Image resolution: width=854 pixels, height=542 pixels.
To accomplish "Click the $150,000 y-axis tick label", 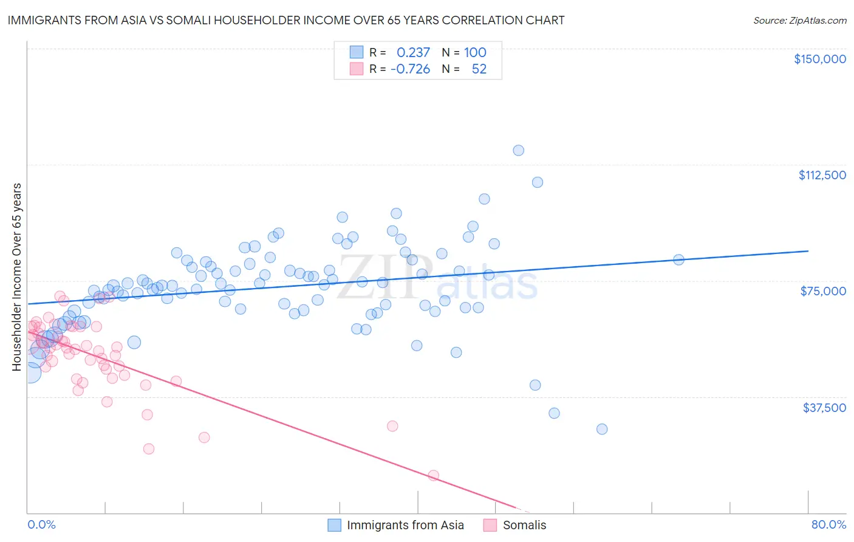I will (x=819, y=59).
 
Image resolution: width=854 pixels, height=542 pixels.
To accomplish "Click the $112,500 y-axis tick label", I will (x=822, y=175).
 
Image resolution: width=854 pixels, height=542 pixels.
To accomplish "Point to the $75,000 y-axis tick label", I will (x=823, y=291).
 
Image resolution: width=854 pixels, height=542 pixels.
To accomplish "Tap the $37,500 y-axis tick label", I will (x=824, y=408).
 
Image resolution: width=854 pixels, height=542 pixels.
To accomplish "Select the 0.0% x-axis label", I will (x=41, y=524).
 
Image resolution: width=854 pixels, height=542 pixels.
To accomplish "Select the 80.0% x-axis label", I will (x=828, y=524).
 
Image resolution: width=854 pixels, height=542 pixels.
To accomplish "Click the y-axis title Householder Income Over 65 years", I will (x=17, y=276).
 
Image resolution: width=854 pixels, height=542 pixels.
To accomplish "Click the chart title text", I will (x=285, y=21).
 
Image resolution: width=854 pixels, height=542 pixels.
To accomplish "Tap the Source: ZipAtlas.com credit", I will (x=799, y=21).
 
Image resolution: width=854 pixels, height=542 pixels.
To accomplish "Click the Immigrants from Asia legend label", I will (x=405, y=525).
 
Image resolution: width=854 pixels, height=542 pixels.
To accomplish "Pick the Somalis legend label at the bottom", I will (x=524, y=525).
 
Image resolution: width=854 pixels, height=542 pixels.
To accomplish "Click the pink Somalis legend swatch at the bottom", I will (x=490, y=525).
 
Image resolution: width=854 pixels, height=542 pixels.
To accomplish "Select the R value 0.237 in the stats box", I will (x=413, y=53).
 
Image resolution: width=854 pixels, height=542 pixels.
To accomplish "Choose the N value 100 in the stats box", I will (x=475, y=53).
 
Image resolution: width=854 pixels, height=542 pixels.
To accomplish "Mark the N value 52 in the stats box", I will (x=479, y=69).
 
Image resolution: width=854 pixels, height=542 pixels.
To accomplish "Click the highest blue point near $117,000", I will (x=518, y=150).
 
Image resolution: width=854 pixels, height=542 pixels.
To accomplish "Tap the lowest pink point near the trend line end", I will (x=433, y=475).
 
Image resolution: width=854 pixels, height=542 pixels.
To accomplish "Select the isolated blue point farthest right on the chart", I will (x=678, y=259).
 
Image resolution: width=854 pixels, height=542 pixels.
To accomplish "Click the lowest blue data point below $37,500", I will (x=602, y=429).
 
